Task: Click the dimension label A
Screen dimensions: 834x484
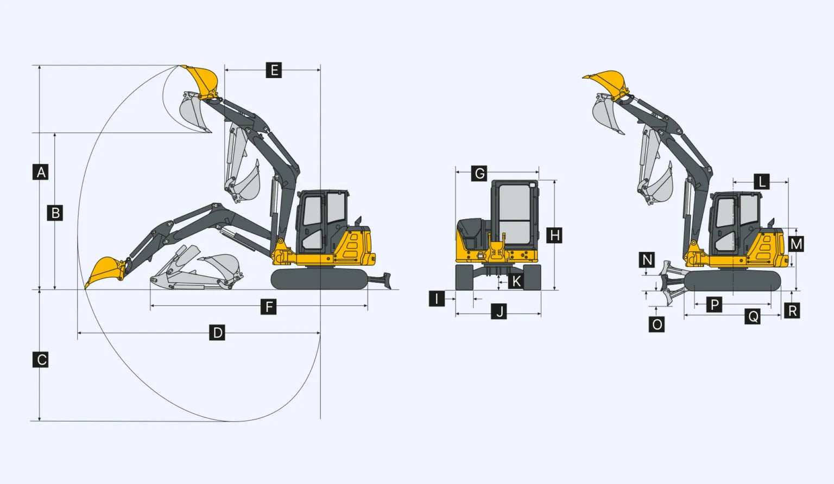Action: [x=40, y=172]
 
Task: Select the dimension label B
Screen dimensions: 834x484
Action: [x=55, y=213]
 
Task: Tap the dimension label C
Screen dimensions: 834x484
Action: [x=40, y=360]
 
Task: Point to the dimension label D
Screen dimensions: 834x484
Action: [x=217, y=332]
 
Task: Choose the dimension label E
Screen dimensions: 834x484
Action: [x=274, y=70]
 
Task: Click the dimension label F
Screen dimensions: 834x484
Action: [x=268, y=307]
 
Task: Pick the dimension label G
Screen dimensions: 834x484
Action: [x=479, y=174]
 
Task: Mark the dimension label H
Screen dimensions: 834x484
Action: [x=554, y=235]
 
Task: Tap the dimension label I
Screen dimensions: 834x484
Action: [x=437, y=298]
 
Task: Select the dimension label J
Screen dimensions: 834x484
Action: [x=499, y=311]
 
